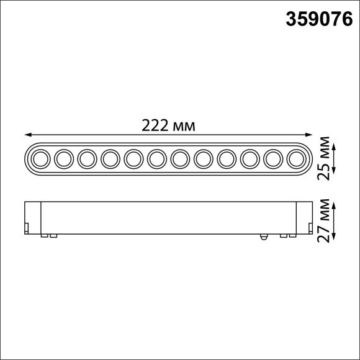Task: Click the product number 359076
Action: click(x=316, y=20)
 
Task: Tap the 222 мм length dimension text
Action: click(x=169, y=125)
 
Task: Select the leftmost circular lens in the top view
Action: click(x=40, y=160)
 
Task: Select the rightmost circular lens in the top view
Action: click(x=297, y=160)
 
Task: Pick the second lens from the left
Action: click(x=63, y=160)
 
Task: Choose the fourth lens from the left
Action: click(x=110, y=160)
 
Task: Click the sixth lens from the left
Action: click(x=156, y=160)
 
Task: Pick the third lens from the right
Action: click(x=250, y=160)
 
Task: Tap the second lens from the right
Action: click(x=273, y=160)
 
